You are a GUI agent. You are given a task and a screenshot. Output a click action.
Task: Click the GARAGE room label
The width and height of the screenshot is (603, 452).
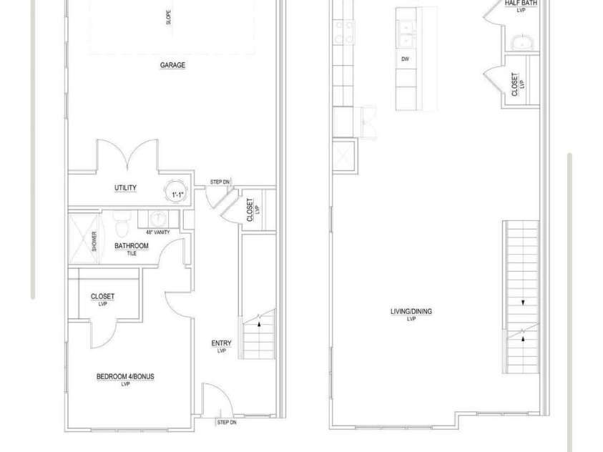point(172,65)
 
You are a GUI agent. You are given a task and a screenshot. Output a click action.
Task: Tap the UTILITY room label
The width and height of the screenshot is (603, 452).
point(125,187)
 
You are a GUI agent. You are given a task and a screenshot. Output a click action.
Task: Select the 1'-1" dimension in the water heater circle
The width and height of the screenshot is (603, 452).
point(177,195)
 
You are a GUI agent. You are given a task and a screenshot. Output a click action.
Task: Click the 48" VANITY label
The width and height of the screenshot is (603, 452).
point(157,232)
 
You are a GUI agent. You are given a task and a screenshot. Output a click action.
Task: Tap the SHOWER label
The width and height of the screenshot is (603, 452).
point(94,241)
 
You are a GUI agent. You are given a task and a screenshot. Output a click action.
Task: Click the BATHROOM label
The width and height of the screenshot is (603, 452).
point(132,245)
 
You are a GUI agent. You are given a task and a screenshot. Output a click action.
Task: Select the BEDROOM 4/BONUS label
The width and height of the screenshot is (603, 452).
point(125,376)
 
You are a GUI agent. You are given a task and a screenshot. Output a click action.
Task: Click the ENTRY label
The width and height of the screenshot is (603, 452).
point(222,343)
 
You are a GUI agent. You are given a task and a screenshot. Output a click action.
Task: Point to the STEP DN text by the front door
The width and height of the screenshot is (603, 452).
point(227,423)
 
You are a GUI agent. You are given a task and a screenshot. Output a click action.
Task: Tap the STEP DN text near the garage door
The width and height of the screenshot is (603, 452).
point(220,182)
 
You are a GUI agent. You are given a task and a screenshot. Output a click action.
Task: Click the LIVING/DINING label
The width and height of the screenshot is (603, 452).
point(411,311)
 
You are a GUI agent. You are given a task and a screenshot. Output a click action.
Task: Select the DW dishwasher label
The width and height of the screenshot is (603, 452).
point(405,59)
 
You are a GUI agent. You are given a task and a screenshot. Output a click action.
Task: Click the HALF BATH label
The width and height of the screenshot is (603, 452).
point(521,3)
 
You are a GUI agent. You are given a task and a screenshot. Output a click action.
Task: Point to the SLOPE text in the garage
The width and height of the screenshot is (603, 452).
point(168,17)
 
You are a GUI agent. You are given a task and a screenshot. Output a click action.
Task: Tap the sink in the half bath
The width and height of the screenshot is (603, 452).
point(522,42)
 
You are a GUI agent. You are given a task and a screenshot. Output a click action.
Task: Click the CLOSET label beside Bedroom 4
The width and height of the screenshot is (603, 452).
point(103,296)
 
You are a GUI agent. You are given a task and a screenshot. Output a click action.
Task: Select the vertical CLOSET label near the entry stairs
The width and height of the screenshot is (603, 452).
point(250,210)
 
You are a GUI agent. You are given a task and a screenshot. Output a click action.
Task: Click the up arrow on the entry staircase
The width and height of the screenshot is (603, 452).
point(259,324)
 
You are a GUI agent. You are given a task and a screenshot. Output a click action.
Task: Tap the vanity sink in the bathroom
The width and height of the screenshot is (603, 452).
point(157,218)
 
